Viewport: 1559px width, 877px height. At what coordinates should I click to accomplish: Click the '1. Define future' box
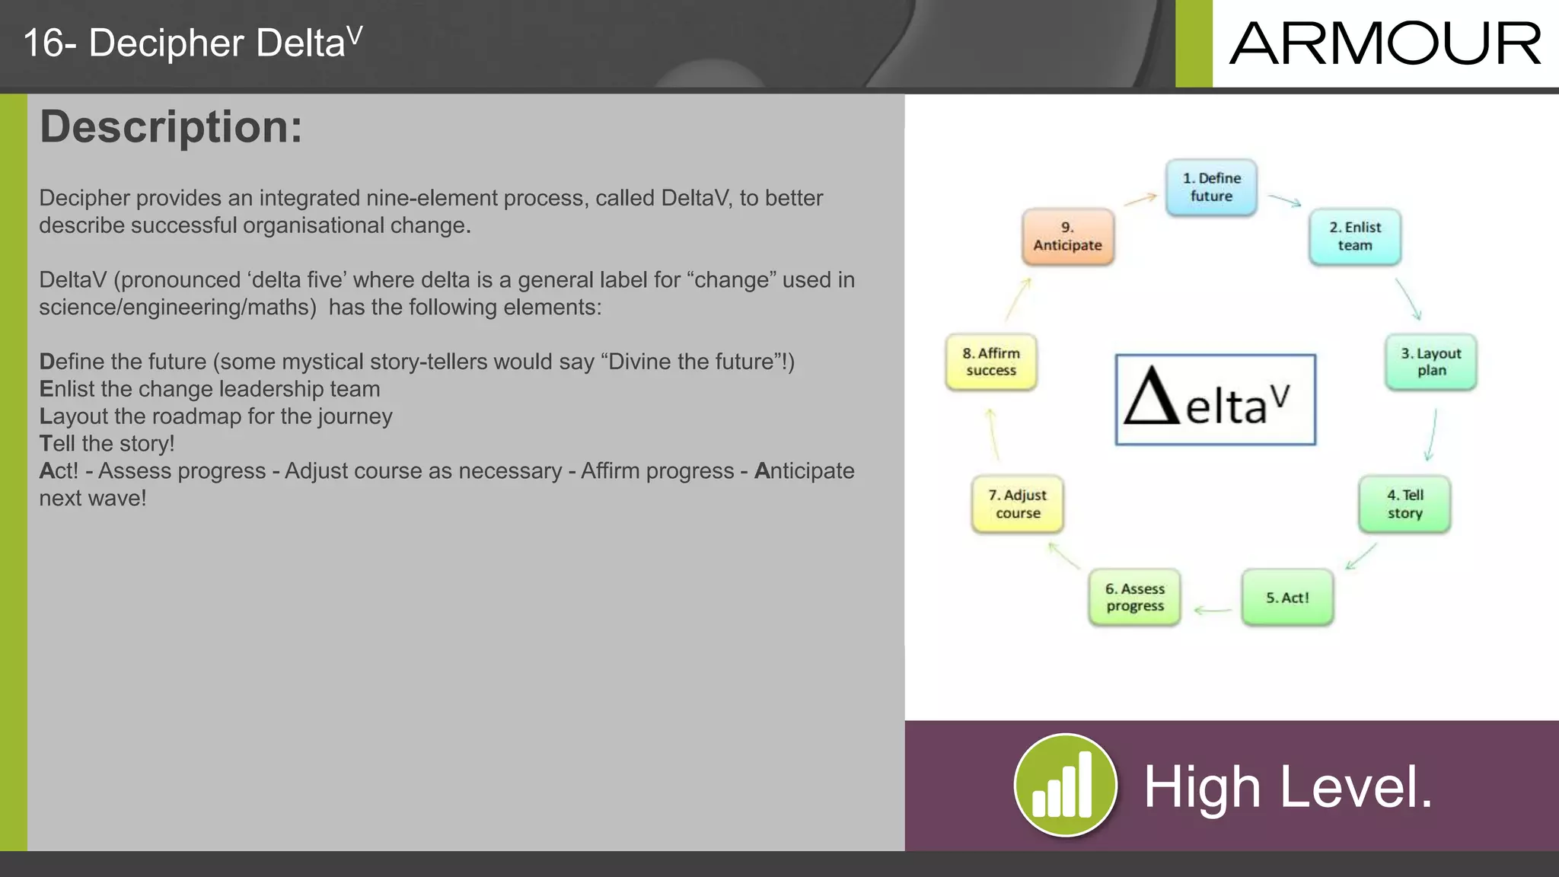(x=1211, y=187)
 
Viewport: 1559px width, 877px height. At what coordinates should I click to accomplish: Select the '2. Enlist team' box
(x=1355, y=237)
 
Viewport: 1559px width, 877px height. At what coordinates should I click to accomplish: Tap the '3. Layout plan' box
(x=1431, y=362)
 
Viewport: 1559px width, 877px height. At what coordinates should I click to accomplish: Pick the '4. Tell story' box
(x=1404, y=504)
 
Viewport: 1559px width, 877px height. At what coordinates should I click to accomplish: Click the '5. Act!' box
(x=1287, y=598)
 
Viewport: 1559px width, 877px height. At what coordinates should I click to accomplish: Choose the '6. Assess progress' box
(x=1134, y=598)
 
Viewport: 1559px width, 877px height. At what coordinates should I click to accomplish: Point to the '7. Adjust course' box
(x=1017, y=504)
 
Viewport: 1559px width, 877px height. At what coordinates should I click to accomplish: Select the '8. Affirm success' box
(x=991, y=362)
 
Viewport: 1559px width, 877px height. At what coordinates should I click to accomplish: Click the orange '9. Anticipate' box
(x=1067, y=237)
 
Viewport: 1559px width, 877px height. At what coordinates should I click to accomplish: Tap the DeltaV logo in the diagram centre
(x=1215, y=400)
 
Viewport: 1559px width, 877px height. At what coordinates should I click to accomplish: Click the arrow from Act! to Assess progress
(x=1213, y=610)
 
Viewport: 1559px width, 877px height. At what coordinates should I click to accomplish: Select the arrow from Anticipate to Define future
(x=1140, y=199)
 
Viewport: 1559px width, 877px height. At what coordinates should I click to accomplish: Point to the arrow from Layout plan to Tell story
(x=1431, y=435)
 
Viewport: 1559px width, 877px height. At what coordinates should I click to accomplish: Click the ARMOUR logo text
(x=1385, y=44)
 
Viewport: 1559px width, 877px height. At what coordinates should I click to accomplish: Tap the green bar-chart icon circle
(x=1065, y=785)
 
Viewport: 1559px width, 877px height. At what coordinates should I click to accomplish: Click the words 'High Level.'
(x=1288, y=787)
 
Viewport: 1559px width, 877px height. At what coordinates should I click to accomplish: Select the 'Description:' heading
(x=171, y=127)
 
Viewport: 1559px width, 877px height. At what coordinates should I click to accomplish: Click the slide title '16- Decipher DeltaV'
(x=193, y=43)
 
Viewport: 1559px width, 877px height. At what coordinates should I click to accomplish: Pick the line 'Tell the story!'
(x=107, y=443)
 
